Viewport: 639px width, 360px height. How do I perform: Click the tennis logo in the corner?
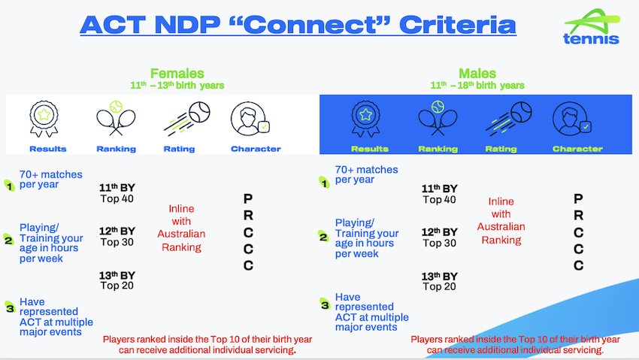[592, 26]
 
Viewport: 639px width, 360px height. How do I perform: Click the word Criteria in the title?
[458, 25]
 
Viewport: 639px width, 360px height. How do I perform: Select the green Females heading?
[177, 74]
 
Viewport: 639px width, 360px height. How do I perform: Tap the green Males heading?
[477, 74]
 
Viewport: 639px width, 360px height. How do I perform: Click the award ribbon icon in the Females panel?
[44, 119]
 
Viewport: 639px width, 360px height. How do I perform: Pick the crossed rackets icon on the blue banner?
[438, 118]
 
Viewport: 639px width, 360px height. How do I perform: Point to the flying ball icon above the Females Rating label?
[187, 119]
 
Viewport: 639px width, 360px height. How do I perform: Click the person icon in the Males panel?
[572, 119]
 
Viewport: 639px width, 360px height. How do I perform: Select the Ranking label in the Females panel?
[116, 149]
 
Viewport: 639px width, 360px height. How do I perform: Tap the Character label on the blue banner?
[577, 149]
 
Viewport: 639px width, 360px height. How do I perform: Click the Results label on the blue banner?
[370, 149]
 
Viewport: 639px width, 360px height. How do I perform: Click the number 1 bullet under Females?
[9, 186]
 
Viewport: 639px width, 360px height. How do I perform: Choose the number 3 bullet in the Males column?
[325, 304]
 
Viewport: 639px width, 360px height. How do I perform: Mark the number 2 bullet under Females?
[8, 240]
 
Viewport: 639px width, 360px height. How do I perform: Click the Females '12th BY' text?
[117, 231]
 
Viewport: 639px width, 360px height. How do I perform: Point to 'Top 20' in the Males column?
[439, 286]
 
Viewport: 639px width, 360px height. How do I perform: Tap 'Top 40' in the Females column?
[117, 198]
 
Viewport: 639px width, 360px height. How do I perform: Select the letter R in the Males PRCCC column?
[578, 215]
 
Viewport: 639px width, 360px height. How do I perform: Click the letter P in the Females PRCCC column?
[248, 198]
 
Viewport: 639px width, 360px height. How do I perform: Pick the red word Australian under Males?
[501, 227]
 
